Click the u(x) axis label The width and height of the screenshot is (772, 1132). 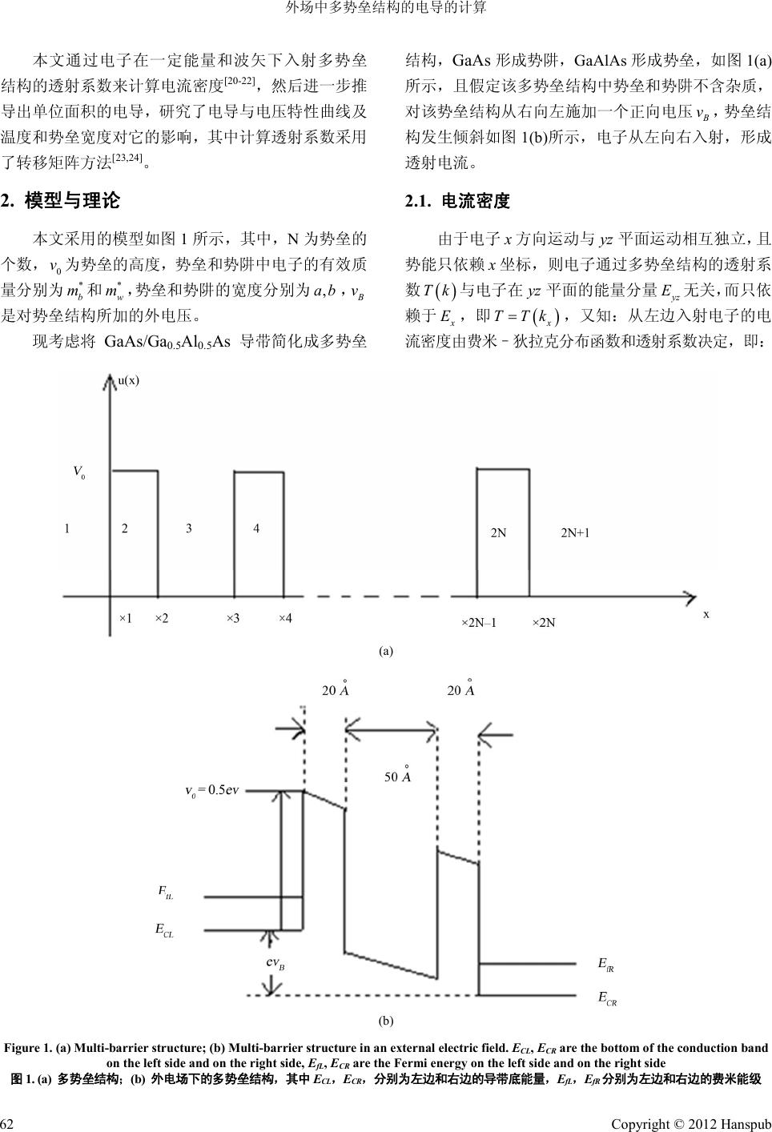[x=129, y=380]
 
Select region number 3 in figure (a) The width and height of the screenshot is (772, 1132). [x=189, y=528]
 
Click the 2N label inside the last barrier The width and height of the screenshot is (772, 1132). [x=498, y=532]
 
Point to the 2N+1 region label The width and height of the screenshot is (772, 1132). [x=575, y=532]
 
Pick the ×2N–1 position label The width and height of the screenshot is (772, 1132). [x=479, y=622]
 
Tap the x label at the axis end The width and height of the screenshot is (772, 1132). [x=706, y=613]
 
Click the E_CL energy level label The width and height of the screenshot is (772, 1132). [x=164, y=929]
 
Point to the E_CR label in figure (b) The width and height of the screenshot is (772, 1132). [x=608, y=998]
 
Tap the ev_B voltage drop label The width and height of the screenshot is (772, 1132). [x=275, y=963]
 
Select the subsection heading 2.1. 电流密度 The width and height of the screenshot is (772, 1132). [x=458, y=201]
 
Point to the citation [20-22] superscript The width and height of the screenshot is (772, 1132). [x=239, y=79]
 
